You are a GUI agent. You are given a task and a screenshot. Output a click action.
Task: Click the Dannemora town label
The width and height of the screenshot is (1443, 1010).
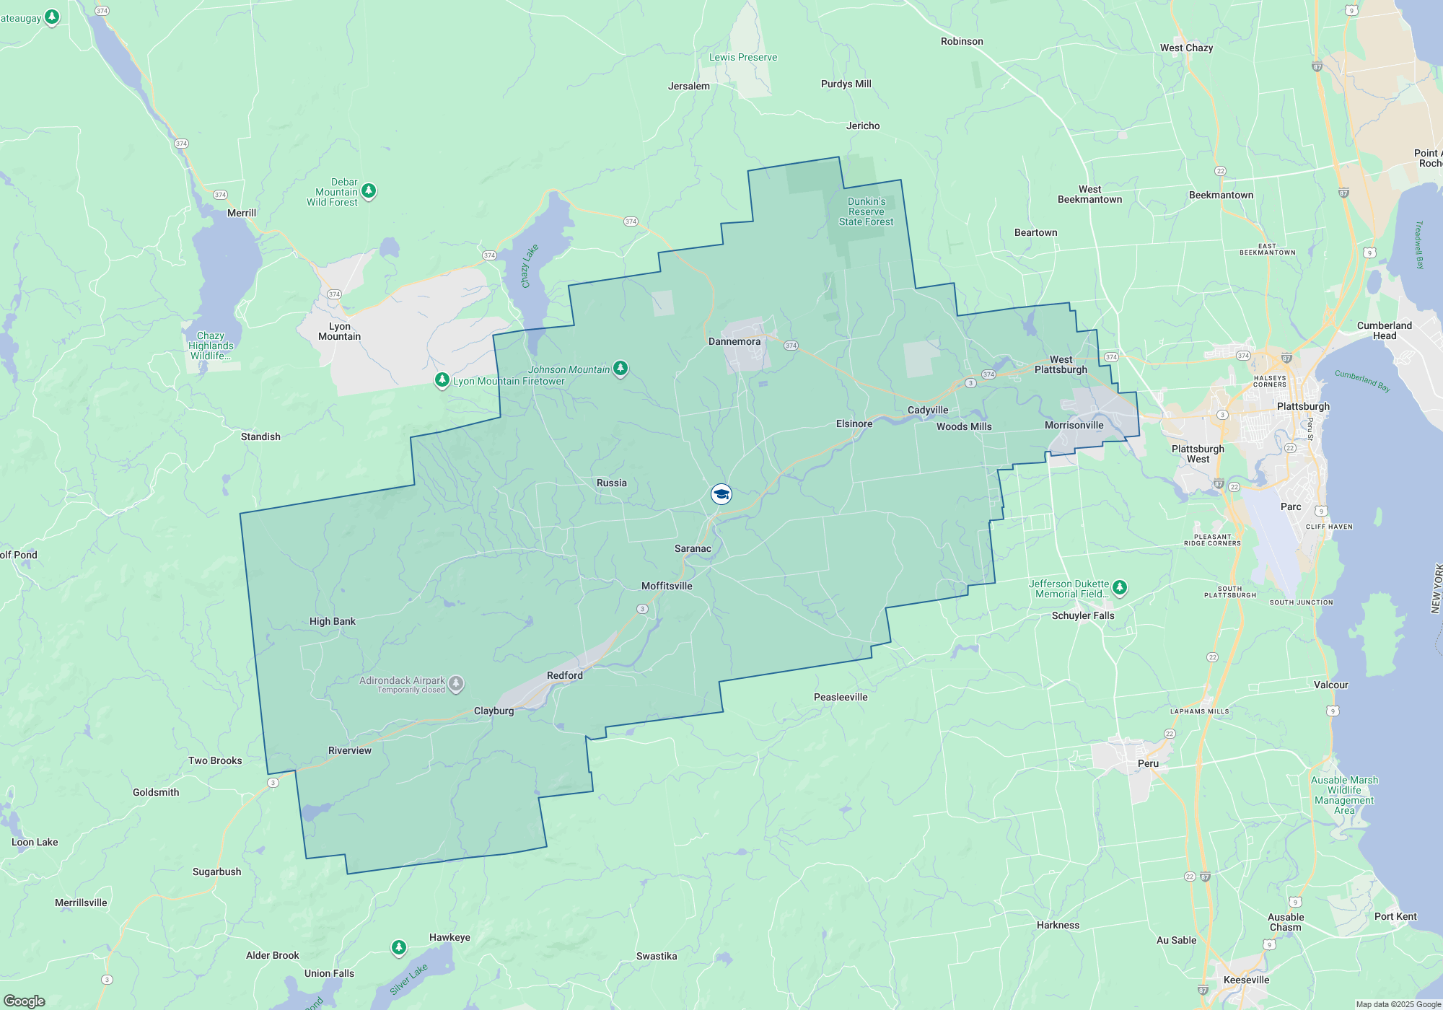click(x=734, y=341)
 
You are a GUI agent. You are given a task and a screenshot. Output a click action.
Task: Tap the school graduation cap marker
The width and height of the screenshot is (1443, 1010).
click(x=721, y=494)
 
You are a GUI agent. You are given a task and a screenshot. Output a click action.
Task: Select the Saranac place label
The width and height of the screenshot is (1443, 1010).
click(x=693, y=548)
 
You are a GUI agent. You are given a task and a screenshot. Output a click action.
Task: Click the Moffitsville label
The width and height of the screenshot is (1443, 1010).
click(x=667, y=586)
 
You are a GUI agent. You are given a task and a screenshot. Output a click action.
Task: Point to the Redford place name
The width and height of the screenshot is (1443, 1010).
click(x=564, y=675)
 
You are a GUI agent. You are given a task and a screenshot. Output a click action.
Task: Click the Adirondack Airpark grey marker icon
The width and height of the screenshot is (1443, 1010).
click(x=456, y=683)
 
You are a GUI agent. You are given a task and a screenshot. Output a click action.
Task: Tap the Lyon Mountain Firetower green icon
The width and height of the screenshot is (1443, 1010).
click(x=442, y=379)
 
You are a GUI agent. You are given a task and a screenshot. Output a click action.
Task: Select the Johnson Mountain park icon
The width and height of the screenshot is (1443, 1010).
click(x=620, y=369)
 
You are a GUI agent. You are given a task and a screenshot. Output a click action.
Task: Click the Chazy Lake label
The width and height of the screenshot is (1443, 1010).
click(x=530, y=266)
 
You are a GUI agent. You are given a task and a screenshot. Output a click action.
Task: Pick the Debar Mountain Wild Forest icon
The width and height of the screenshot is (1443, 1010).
click(x=369, y=190)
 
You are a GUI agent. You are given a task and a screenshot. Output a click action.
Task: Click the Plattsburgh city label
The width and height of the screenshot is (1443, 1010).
click(x=1303, y=406)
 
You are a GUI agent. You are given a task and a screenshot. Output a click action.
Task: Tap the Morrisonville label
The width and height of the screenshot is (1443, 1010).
click(x=1074, y=425)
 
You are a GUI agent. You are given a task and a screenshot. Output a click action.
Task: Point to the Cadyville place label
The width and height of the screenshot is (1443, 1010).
click(x=928, y=410)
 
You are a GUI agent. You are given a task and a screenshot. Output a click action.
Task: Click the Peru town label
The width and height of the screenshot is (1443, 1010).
click(x=1148, y=763)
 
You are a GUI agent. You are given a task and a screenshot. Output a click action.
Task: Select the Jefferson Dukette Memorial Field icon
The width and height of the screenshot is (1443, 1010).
click(x=1120, y=587)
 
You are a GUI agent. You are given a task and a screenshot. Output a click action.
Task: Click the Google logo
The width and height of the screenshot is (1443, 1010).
click(x=25, y=1001)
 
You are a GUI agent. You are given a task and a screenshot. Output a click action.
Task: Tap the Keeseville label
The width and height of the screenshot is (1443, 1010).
click(x=1246, y=980)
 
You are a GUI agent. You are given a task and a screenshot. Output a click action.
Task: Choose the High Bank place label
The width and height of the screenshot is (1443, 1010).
click(x=332, y=621)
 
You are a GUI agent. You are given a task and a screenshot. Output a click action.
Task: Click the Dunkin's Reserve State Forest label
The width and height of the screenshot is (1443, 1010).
click(x=866, y=211)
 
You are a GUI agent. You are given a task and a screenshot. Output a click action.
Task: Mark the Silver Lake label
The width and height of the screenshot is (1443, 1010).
click(x=408, y=979)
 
